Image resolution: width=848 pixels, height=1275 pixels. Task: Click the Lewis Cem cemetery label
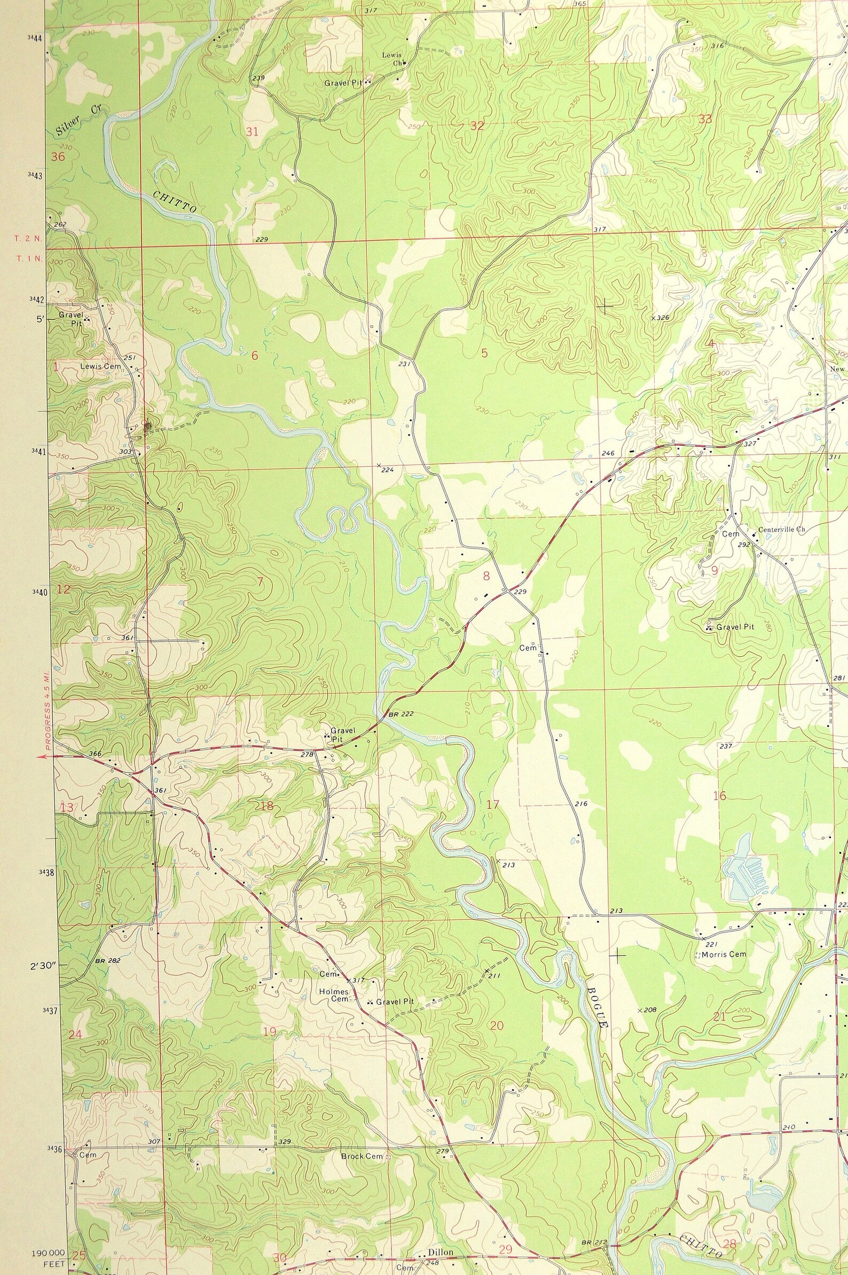100,366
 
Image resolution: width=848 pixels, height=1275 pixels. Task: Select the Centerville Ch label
781,529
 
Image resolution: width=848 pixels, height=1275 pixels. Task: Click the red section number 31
252,131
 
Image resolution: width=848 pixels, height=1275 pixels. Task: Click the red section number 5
484,353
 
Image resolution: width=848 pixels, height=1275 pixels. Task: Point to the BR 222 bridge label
401,714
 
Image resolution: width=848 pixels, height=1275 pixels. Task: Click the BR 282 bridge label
107,961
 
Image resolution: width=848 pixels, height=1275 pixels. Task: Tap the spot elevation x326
661,317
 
